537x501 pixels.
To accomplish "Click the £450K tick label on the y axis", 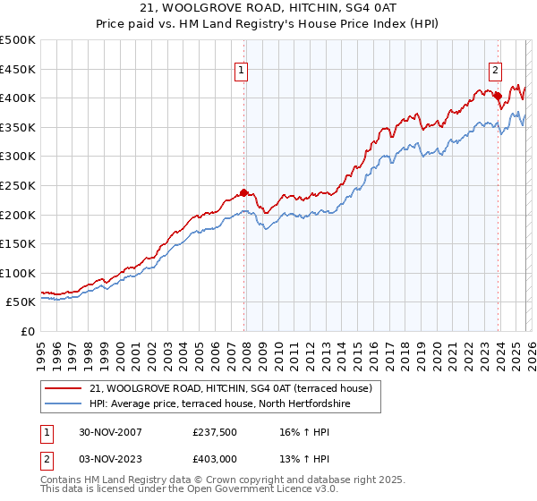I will pyautogui.click(x=18, y=69).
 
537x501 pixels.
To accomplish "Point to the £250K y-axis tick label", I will pyautogui.click(x=18, y=185).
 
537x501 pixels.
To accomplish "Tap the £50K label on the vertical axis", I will pyautogui.click(x=21, y=302).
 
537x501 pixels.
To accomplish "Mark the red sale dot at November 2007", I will pyautogui.click(x=244, y=192).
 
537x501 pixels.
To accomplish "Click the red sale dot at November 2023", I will pyautogui.click(x=498, y=96).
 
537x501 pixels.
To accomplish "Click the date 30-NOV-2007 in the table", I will pyautogui.click(x=107, y=432).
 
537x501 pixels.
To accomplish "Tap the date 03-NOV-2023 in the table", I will pyautogui.click(x=107, y=459).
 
